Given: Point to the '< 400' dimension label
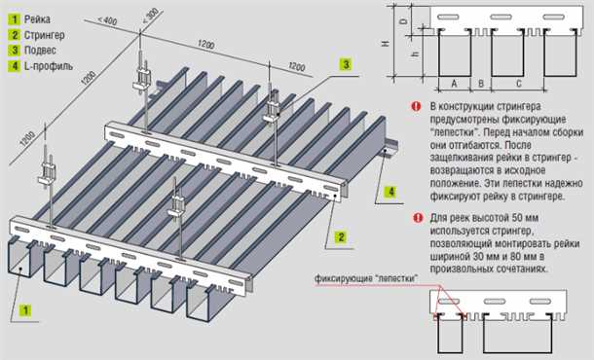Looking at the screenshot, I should point(109,19).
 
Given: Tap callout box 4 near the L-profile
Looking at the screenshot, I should point(390,192).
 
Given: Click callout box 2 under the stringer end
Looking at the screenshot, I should point(342,236).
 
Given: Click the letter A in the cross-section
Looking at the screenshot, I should point(455,85).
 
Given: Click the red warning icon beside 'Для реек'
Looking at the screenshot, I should point(417,218).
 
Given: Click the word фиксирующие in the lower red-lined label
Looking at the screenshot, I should point(344,279).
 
